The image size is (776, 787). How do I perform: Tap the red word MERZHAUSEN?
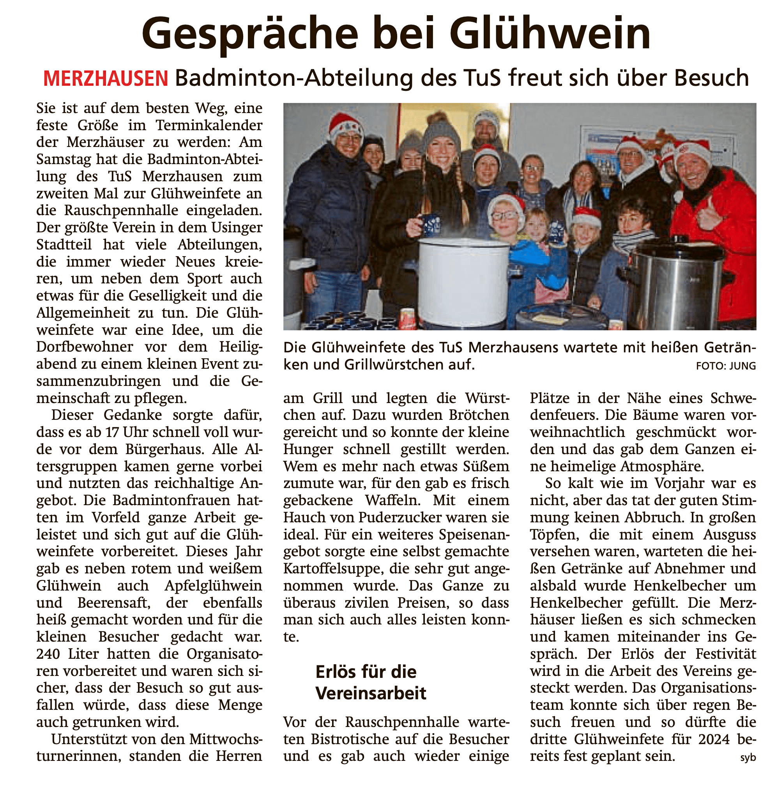click(106, 79)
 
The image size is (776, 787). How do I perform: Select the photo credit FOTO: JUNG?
click(725, 366)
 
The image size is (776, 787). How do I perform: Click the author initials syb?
click(748, 757)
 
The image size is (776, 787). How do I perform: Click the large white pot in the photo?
click(463, 281)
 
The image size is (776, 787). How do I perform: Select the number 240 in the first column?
click(48, 654)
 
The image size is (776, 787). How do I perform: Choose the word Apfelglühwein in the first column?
click(213, 586)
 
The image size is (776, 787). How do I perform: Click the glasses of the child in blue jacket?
click(504, 215)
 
